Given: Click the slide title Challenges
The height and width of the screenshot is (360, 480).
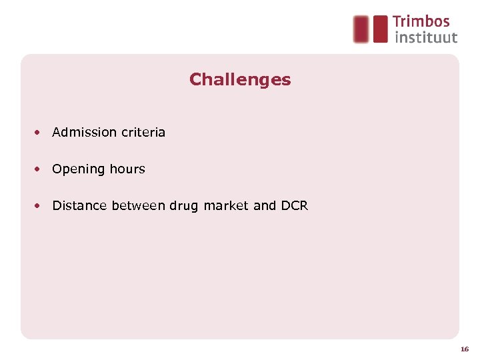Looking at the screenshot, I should pyautogui.click(x=240, y=80).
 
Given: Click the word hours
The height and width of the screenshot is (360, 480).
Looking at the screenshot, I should pyautogui.click(x=127, y=169).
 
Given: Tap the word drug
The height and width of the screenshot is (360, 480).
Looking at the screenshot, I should pyautogui.click(x=185, y=206).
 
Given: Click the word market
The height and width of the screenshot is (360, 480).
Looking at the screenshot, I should pyautogui.click(x=226, y=205).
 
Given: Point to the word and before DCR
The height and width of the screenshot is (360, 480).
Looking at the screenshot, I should pyautogui.click(x=265, y=205).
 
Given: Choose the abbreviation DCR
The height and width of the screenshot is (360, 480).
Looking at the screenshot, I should pyautogui.click(x=295, y=205).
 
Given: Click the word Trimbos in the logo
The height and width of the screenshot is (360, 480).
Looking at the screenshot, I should pyautogui.click(x=421, y=22).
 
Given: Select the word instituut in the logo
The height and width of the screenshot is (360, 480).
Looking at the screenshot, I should pyautogui.click(x=426, y=37).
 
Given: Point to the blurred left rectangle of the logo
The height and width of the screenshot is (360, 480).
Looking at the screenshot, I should pyautogui.click(x=361, y=29).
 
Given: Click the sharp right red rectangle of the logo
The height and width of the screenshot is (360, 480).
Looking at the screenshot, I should pyautogui.click(x=380, y=29).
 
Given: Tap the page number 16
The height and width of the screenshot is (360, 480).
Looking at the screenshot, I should pyautogui.click(x=464, y=349).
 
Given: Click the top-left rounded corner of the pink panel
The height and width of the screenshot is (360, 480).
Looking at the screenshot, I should pyautogui.click(x=25, y=59).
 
